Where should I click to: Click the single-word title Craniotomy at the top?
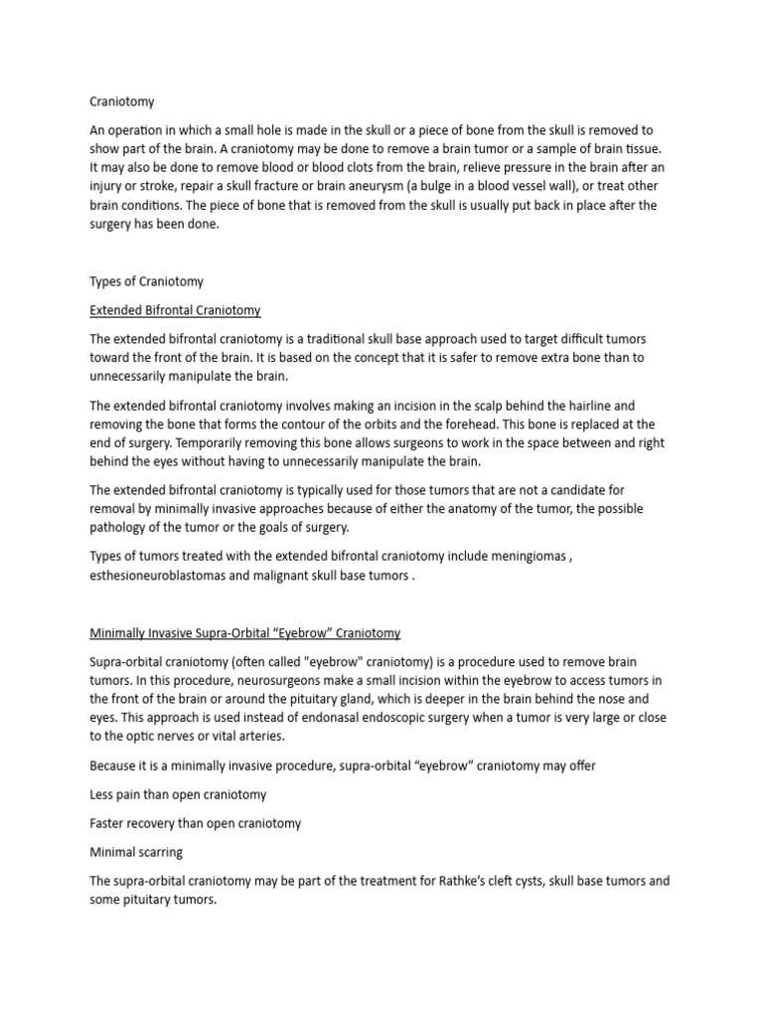[122, 101]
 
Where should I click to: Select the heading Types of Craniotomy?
[146, 281]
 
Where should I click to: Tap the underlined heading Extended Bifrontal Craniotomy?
[175, 310]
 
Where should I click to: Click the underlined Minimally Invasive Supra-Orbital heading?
[245, 633]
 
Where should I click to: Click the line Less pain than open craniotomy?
[178, 795]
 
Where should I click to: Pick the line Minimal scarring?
[136, 852]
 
